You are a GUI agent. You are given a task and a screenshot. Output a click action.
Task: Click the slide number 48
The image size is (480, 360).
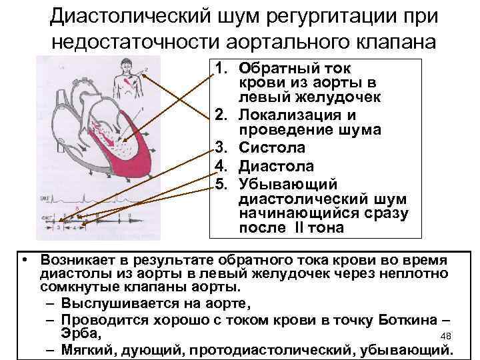coord(447,335)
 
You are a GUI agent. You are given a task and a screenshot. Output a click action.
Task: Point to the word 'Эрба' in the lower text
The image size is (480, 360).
coord(79,333)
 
